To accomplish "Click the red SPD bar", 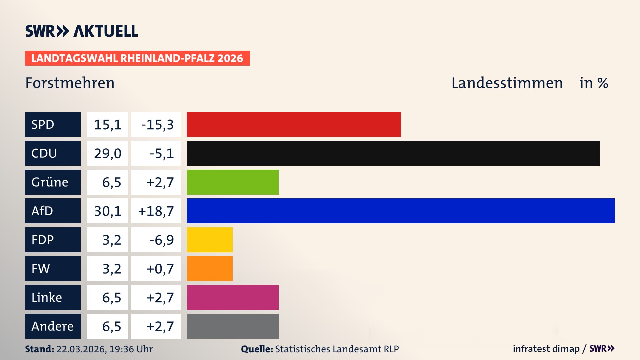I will (294, 124).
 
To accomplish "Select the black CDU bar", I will (393, 153).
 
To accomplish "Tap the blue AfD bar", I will (401, 211).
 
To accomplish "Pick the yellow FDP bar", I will (210, 240).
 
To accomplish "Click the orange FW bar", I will (210, 268).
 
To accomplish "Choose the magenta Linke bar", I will (233, 297).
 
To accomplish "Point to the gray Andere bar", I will (233, 326).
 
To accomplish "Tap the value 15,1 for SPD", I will (107, 125).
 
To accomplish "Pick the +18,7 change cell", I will (156, 211).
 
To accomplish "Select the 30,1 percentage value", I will (107, 211).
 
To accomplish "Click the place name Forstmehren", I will (70, 83).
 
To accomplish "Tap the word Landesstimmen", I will (507, 83).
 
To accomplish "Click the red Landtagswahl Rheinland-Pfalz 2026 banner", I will (137, 58).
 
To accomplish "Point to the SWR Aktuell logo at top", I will (82, 31).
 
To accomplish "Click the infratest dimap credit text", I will (546, 349).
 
